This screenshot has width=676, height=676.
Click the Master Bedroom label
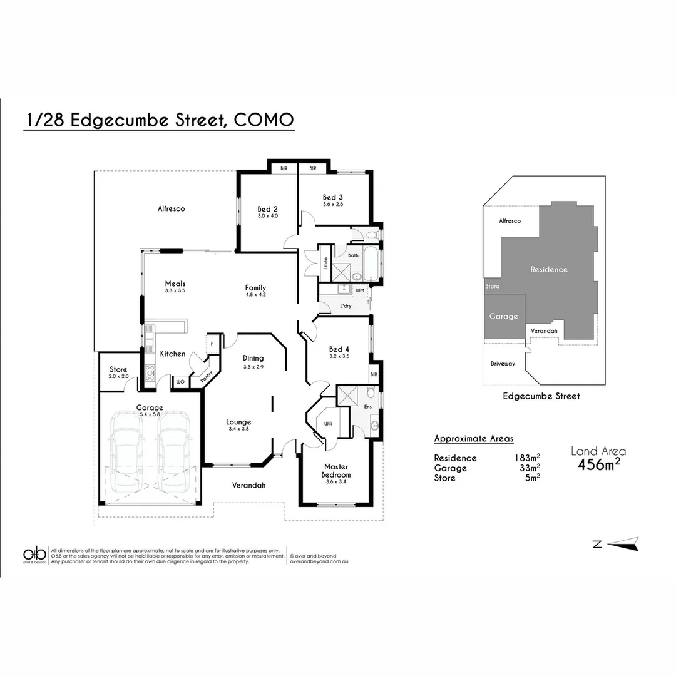[x=336, y=471]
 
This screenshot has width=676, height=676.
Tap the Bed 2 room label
[x=267, y=209]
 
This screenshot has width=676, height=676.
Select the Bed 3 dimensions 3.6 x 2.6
[x=332, y=204]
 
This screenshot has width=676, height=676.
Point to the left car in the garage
[x=126, y=452]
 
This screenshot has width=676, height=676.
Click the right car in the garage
[x=173, y=452]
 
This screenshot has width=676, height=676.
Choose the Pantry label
[x=207, y=377]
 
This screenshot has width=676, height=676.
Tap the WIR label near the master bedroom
[x=327, y=424]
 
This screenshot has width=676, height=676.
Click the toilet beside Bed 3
[x=372, y=235]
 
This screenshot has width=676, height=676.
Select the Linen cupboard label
[x=325, y=263]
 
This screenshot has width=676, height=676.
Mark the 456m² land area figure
[x=599, y=464]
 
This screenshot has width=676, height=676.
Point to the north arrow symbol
[x=623, y=544]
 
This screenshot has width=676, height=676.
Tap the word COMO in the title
[x=263, y=120]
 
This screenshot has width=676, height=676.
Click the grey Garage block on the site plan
[x=504, y=317]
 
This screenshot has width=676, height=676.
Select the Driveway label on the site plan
[x=503, y=364]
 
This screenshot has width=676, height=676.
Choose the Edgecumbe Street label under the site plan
[x=541, y=396]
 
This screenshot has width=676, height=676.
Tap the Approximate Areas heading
[x=473, y=439]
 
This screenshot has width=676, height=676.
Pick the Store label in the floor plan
[x=118, y=369]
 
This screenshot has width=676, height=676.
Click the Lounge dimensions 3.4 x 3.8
[x=238, y=429]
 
